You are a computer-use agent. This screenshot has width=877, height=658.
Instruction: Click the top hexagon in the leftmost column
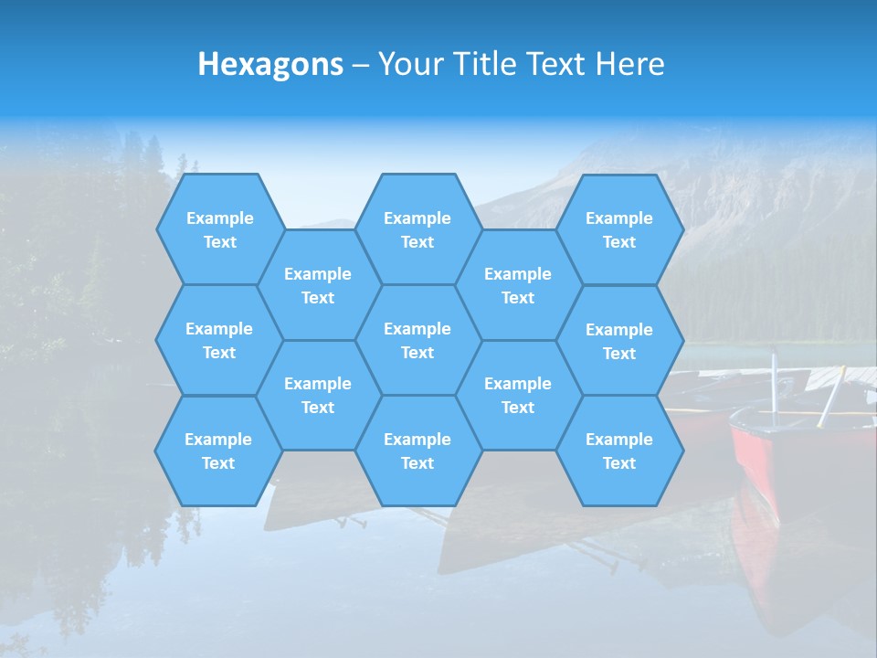click(219, 229)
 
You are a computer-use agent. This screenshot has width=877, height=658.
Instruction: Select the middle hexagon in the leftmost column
click(219, 340)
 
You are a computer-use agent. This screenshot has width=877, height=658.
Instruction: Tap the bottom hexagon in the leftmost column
click(218, 451)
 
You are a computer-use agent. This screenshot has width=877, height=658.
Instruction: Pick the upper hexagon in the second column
click(318, 285)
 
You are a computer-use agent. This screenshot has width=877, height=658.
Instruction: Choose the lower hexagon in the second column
click(318, 395)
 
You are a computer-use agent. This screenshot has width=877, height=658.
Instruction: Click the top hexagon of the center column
click(417, 229)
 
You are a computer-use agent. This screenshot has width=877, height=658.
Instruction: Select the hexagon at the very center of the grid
click(417, 340)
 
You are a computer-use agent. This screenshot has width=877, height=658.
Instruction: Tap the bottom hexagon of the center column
click(417, 451)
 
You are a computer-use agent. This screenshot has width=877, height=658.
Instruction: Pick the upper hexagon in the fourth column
click(518, 285)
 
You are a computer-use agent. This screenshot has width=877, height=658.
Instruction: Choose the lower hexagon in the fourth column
click(518, 395)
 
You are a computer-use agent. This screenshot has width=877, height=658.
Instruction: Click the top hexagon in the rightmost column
click(619, 229)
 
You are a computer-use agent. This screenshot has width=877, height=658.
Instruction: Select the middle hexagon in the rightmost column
click(619, 341)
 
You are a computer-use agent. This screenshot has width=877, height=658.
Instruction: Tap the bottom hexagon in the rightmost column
click(619, 451)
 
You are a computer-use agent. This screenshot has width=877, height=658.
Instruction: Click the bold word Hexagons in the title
click(270, 64)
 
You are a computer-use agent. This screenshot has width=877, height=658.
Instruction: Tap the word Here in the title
click(629, 64)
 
